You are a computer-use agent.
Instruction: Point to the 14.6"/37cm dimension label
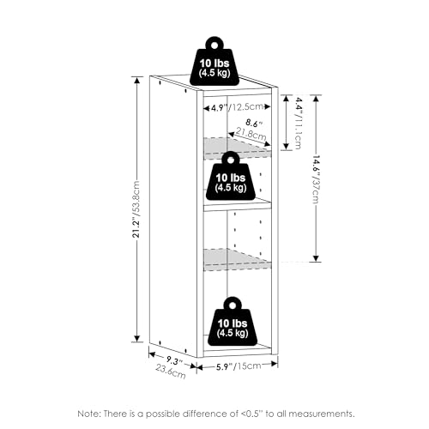[316, 179]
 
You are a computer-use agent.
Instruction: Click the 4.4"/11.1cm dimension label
[299, 124]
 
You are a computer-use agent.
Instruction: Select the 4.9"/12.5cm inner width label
[237, 107]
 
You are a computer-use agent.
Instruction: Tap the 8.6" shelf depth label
[254, 124]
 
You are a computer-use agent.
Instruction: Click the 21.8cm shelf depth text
[251, 134]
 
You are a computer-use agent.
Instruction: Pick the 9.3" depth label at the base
[174, 361]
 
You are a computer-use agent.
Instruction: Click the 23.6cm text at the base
[171, 372]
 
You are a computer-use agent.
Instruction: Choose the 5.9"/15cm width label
[239, 366]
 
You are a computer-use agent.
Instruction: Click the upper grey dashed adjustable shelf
[237, 148]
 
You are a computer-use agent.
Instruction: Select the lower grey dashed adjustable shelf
[237, 259]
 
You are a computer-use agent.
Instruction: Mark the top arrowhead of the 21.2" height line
[137, 80]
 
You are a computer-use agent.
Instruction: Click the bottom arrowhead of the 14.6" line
[316, 258]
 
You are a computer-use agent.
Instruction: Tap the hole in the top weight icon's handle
[214, 45]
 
